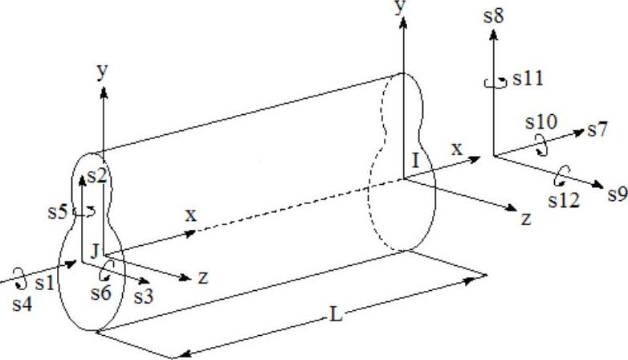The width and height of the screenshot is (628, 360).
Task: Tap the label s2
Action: click(97, 176)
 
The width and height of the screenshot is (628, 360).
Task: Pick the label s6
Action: click(100, 293)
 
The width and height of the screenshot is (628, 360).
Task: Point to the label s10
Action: click(540, 123)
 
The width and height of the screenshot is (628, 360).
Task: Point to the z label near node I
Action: click(526, 219)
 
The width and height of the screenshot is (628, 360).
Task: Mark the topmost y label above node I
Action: click(399, 7)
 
